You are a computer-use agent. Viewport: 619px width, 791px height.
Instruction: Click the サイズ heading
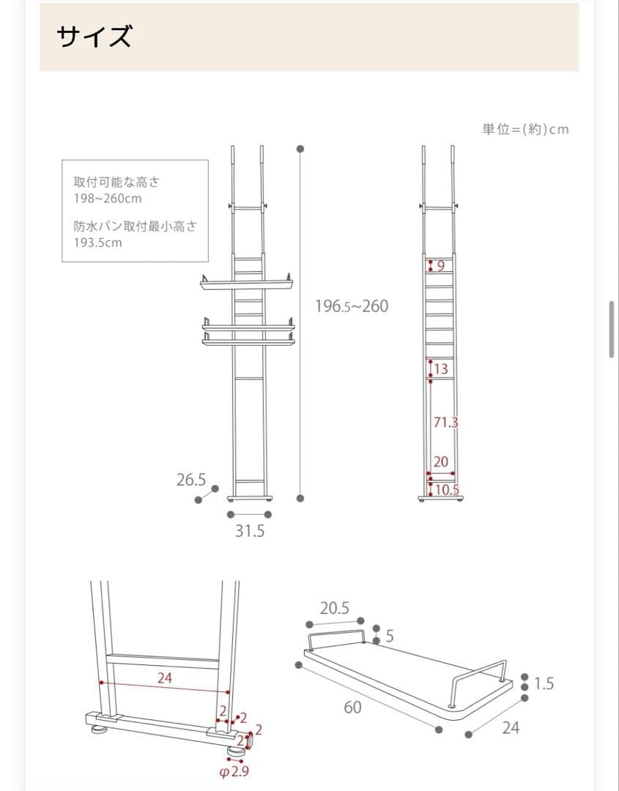[95, 37]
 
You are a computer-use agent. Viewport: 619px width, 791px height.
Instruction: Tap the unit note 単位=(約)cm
[525, 130]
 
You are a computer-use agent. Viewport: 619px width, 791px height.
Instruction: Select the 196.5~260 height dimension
[352, 306]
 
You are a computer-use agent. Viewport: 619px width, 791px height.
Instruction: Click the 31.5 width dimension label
[250, 532]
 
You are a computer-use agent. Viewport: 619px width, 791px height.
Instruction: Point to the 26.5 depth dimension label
[191, 480]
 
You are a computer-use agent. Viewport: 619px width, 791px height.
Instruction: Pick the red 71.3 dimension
[445, 423]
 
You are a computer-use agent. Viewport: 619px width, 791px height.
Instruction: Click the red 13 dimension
[441, 369]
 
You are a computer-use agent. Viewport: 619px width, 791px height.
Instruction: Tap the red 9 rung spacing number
[441, 266]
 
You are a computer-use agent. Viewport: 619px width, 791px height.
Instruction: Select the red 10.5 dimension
[447, 490]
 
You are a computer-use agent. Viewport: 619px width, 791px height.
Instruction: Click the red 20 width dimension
[440, 462]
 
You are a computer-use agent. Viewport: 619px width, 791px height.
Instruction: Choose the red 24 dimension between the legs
[165, 678]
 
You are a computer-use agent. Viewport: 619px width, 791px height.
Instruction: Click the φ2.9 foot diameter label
[234, 772]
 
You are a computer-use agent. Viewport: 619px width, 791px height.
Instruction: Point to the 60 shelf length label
[352, 708]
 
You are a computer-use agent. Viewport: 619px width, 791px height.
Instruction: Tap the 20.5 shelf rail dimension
[334, 608]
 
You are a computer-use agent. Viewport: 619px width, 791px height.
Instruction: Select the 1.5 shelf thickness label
[544, 684]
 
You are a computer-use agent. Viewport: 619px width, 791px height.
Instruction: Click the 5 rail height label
[390, 636]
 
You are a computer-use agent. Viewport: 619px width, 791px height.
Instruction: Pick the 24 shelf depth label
[511, 728]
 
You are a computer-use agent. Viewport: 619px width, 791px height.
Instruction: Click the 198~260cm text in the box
[107, 198]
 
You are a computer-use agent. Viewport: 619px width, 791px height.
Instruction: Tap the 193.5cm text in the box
[97, 242]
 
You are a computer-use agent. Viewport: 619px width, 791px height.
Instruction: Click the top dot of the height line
[300, 149]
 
